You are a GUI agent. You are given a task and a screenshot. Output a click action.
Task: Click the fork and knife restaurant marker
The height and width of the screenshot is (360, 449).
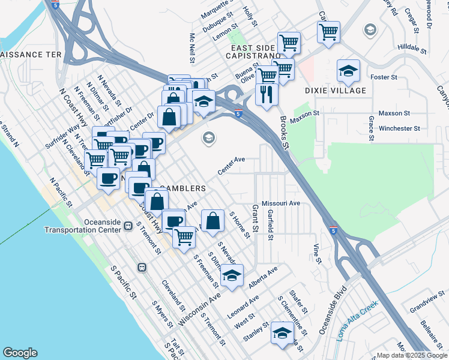265,94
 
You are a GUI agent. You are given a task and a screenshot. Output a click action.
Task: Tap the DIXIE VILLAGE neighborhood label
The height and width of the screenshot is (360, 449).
336,91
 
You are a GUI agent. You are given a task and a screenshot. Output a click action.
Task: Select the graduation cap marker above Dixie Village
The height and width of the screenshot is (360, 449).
348,71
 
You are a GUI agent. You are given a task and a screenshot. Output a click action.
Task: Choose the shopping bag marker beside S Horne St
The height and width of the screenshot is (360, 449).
213,221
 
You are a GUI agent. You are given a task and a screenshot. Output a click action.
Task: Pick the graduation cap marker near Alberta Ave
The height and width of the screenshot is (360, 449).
232,275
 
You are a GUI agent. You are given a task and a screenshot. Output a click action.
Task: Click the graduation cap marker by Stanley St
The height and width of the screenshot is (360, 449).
282,333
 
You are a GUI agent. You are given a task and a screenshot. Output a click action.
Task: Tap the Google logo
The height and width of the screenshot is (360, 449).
20,353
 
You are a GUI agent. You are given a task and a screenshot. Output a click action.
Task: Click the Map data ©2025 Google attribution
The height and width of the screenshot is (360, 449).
412,355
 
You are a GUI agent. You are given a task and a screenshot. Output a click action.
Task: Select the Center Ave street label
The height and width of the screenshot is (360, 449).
232,166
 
